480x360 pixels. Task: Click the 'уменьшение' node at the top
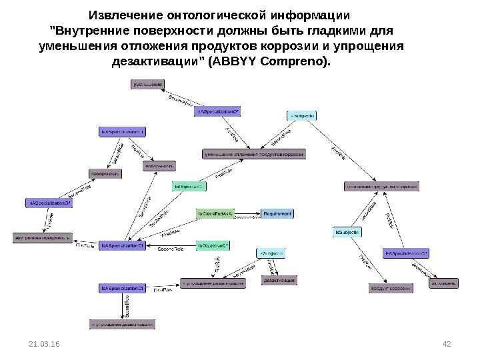coord(147,85)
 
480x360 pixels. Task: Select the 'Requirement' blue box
coord(277,213)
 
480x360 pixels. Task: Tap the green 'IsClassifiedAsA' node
coord(215,213)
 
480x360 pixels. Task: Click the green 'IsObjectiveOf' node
coord(213,246)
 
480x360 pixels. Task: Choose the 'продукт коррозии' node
coord(391,289)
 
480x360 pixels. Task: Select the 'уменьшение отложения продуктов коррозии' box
coord(255,155)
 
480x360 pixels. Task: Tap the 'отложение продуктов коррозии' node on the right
coord(381,187)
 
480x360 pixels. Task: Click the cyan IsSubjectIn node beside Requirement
coord(347,231)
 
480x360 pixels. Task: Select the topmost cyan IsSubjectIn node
coord(301,116)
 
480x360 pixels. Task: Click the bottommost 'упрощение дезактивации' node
coord(123,325)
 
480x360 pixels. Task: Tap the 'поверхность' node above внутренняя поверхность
coord(105,173)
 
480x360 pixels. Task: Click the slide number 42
coord(447,343)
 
